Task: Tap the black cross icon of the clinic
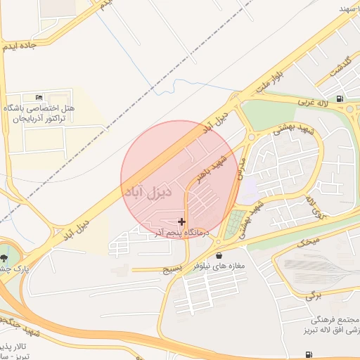[x=181, y=221]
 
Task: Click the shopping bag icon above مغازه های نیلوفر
[x=220, y=255]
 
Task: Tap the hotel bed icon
[x=38, y=96]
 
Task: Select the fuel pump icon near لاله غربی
[x=340, y=98]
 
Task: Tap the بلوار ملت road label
[x=270, y=77]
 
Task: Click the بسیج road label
[x=172, y=268]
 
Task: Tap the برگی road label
[x=312, y=297]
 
